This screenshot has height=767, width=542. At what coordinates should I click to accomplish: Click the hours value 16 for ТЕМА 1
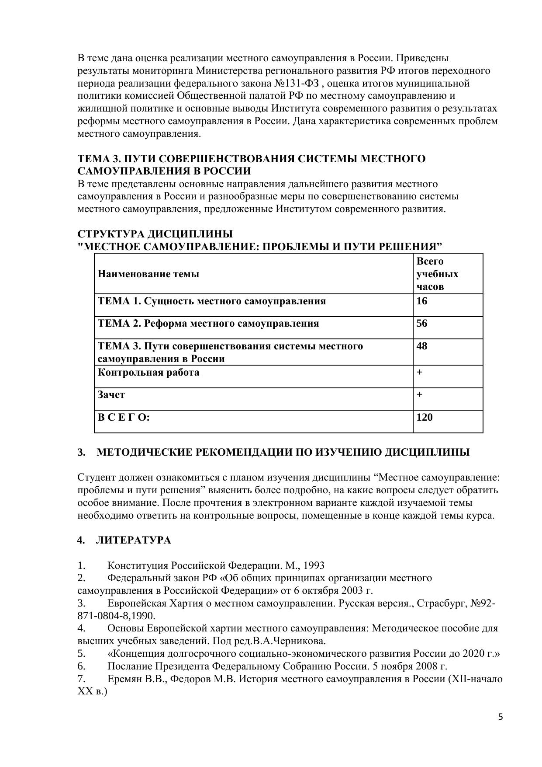(422, 301)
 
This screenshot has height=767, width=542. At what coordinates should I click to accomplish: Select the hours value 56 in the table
(422, 324)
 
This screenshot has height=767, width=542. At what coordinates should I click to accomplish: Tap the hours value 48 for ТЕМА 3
(422, 346)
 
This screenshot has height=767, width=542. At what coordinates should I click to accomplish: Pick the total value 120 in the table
(425, 417)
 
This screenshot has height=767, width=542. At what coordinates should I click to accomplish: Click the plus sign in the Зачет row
(419, 394)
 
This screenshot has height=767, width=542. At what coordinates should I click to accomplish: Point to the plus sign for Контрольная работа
(419, 372)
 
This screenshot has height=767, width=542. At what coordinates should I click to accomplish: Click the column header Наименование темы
(148, 274)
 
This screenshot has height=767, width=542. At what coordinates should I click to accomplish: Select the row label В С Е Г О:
(124, 417)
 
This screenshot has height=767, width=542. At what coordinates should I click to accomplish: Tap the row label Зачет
(111, 394)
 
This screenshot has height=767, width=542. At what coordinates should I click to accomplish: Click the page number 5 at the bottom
(501, 717)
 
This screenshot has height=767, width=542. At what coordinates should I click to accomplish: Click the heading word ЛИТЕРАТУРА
(133, 540)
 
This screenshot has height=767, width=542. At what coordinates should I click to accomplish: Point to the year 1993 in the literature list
(314, 565)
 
